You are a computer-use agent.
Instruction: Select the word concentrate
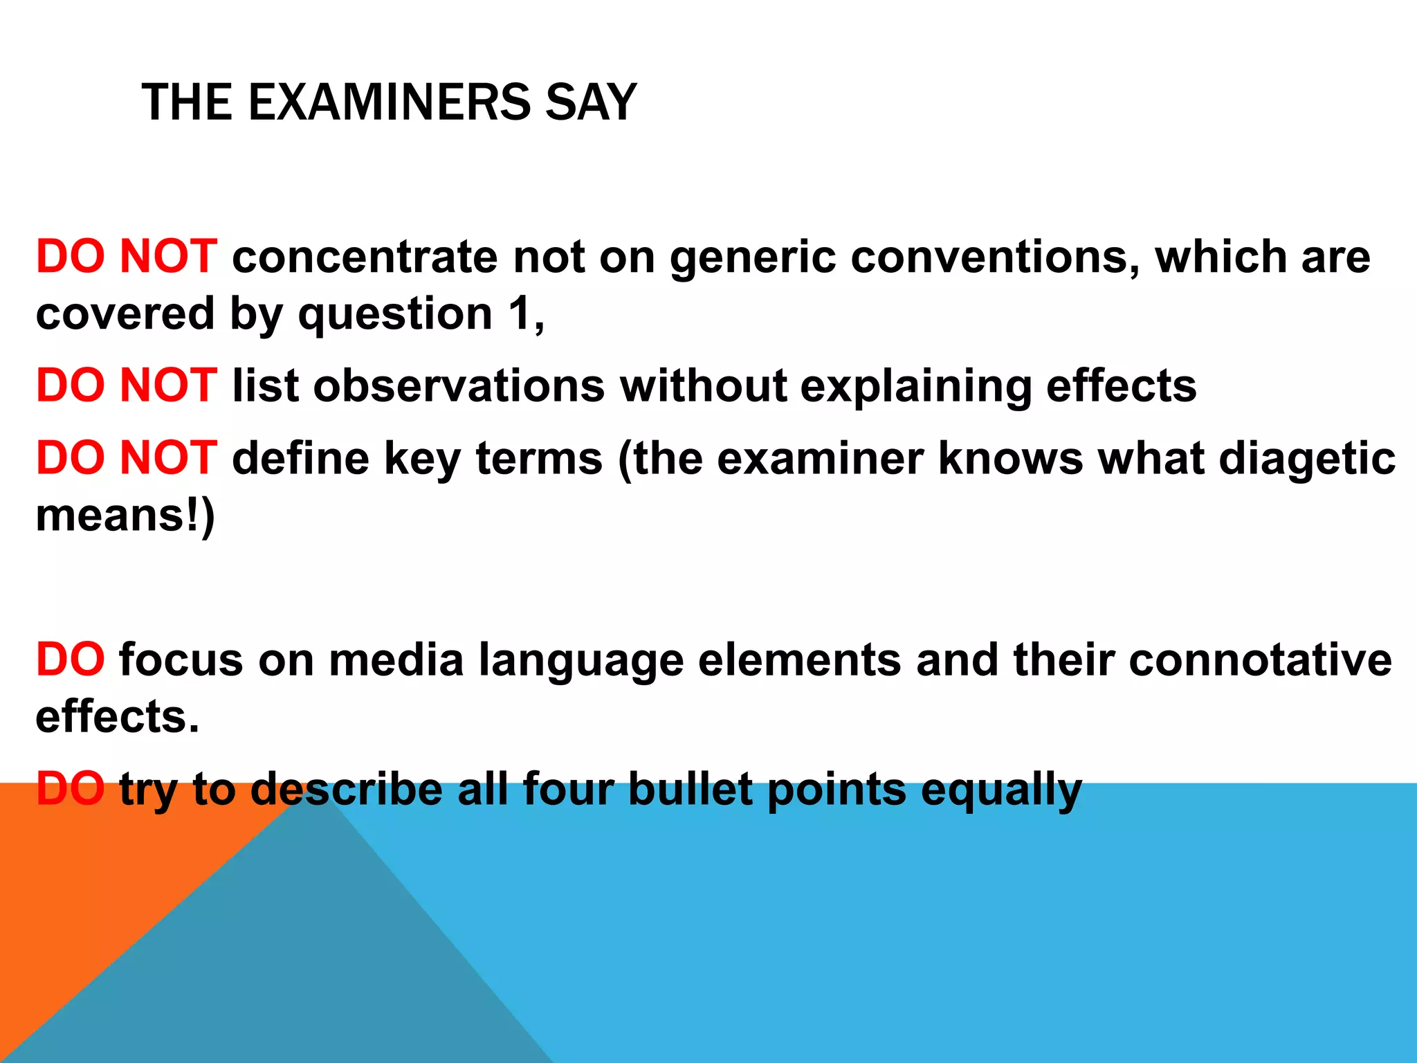tap(365, 257)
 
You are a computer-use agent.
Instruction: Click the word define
tap(301, 458)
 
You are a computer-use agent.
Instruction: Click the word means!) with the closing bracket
tap(125, 516)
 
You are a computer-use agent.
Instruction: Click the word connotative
tap(1260, 660)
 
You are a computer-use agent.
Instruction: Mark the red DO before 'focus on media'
tap(71, 660)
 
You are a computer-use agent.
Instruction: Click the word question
tap(395, 315)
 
